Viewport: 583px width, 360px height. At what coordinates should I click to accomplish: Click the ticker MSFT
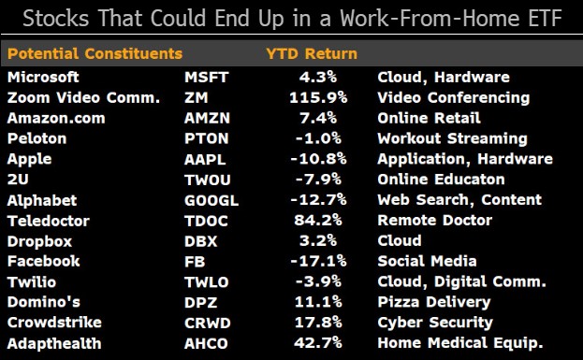(207, 78)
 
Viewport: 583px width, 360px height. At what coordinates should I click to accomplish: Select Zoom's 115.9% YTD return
(318, 97)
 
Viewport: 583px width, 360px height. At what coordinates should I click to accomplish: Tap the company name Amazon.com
(56, 118)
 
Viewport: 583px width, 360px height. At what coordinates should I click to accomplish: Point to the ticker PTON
(207, 138)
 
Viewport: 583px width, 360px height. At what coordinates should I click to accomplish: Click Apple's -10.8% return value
(318, 159)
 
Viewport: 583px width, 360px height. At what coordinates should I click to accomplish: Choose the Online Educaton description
(441, 180)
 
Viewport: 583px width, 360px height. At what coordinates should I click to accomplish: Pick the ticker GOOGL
(211, 201)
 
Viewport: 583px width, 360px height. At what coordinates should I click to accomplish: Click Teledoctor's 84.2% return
(318, 221)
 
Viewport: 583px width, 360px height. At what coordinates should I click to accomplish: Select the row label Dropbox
(40, 241)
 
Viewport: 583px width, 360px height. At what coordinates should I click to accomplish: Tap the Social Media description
(428, 261)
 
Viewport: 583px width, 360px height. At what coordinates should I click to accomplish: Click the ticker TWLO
(207, 282)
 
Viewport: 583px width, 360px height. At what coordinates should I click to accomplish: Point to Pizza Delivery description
(434, 302)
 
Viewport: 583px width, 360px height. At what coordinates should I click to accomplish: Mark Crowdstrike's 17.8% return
(318, 323)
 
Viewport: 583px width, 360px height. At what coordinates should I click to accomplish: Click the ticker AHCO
(206, 344)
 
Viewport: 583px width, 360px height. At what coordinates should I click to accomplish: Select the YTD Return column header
(312, 54)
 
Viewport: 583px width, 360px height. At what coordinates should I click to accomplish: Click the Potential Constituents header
(95, 54)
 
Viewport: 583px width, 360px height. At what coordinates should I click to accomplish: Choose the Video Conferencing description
(454, 98)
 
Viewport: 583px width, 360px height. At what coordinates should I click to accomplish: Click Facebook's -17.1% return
(318, 261)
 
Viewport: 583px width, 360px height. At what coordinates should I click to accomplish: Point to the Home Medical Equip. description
(460, 343)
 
